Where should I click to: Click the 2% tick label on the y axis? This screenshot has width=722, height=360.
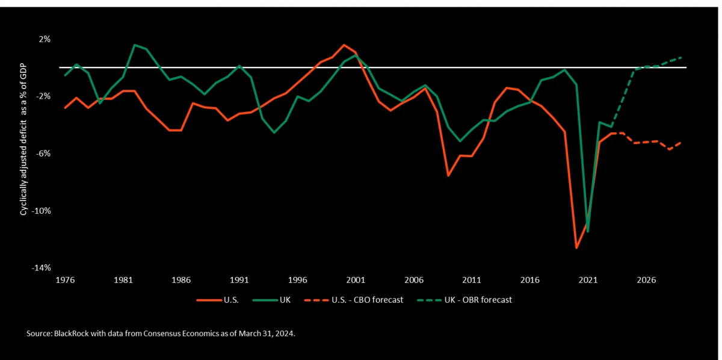pos(45,39)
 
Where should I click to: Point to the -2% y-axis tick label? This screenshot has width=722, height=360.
pos(44,96)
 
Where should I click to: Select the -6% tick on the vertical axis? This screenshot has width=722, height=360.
pos(44,154)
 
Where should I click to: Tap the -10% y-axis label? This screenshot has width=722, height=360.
pos(42,211)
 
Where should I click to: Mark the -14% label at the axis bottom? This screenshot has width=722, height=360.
pos(42,268)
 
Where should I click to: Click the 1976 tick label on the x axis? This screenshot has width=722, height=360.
pos(66,280)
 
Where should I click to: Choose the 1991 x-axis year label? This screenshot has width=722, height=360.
pos(239,280)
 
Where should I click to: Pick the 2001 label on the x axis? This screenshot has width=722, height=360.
pos(356,280)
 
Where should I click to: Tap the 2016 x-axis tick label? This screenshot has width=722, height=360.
pos(529,280)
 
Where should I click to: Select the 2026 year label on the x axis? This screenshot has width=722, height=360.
pos(646,280)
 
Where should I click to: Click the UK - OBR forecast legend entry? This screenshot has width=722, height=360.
pos(466,299)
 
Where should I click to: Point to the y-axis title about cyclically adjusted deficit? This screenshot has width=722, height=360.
pos(23,153)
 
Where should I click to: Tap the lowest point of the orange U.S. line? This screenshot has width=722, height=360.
pos(576,248)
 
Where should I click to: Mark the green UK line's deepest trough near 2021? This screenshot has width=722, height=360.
pos(588,232)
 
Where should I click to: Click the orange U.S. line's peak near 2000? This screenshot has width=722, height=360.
pos(344,45)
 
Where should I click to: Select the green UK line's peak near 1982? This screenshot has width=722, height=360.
pos(135,45)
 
